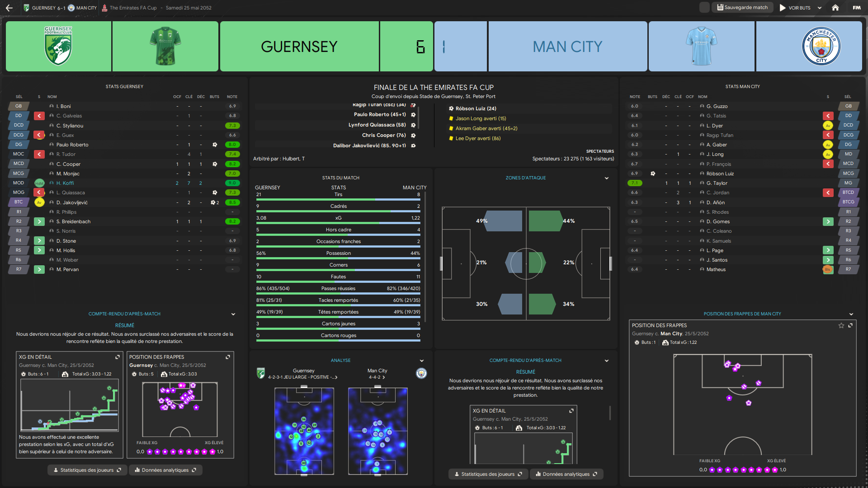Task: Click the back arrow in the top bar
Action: pos(9,8)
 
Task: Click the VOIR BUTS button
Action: pos(795,8)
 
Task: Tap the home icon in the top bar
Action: pos(835,8)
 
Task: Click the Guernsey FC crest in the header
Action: pos(58,46)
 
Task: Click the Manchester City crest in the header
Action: pos(821,46)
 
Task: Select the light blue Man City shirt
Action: pos(701,46)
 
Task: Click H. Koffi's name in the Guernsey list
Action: pos(65,183)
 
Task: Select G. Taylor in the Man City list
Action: pos(717,183)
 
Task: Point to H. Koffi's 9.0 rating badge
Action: pos(232,183)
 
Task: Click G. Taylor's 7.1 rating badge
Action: pos(635,183)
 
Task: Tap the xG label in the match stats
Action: pos(338,218)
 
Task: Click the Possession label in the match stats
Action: pos(338,253)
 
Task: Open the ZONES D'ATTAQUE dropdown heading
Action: pos(526,178)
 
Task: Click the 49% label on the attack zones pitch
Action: pos(481,221)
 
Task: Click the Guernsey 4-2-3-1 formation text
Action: pos(302,377)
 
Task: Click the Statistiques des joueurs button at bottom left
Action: pos(87,470)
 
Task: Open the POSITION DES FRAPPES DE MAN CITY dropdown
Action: pos(742,314)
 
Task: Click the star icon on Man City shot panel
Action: pos(841,325)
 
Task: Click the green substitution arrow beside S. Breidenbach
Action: pos(39,221)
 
